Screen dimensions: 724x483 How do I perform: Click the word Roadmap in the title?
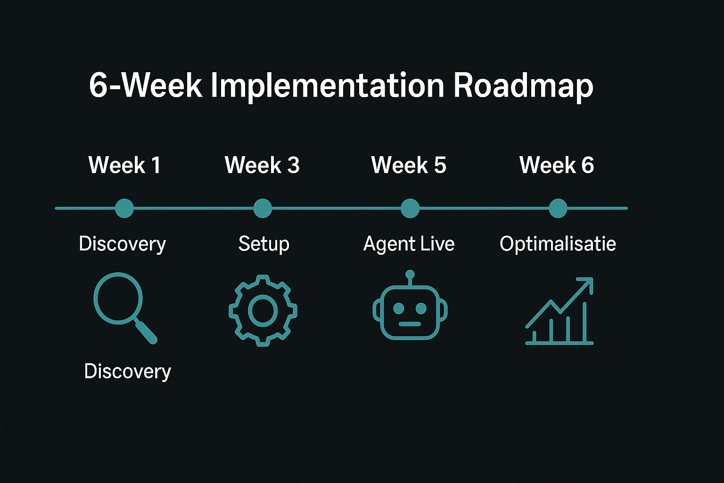(x=524, y=86)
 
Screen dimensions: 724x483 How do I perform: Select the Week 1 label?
(x=124, y=165)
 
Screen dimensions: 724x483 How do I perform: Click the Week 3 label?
(x=262, y=165)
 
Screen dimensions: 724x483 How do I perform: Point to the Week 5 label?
(x=409, y=165)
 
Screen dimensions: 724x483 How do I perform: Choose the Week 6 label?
(x=557, y=165)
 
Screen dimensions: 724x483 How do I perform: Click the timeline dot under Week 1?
(x=124, y=208)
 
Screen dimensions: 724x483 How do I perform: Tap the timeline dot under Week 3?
(x=263, y=208)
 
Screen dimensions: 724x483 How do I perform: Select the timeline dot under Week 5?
(x=410, y=208)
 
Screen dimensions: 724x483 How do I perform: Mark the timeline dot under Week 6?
(x=558, y=208)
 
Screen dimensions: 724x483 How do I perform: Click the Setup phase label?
(x=264, y=244)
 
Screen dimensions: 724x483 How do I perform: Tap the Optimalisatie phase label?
(x=558, y=244)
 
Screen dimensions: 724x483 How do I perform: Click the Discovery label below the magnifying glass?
(x=127, y=371)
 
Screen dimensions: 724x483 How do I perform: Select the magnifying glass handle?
(x=146, y=331)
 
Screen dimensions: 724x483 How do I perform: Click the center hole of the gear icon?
(x=263, y=311)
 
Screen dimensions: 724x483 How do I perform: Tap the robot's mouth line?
(x=410, y=324)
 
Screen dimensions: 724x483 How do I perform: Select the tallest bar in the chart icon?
(x=584, y=322)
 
